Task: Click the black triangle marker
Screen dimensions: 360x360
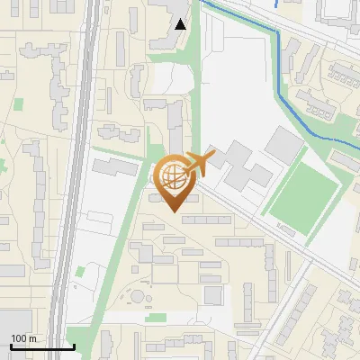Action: (181, 24)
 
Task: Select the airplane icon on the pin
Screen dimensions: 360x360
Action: (199, 164)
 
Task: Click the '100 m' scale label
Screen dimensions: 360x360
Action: (23, 338)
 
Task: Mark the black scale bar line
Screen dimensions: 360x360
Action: (42, 347)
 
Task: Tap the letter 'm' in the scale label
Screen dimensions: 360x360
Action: (32, 338)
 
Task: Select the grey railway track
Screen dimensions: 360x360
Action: (77, 180)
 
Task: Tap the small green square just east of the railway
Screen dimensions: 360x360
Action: (81, 270)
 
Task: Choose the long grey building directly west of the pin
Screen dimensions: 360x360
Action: (115, 168)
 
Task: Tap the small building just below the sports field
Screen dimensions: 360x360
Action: (290, 230)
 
